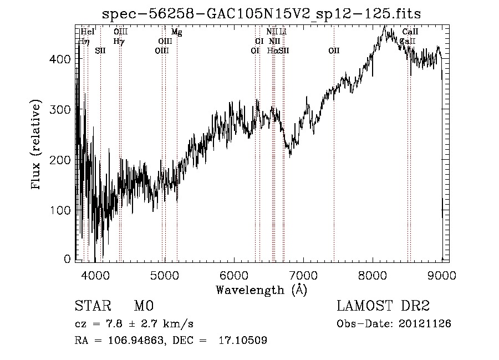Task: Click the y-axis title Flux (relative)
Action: click(x=37, y=145)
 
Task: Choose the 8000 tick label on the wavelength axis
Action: click(x=373, y=275)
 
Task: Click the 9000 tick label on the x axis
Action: click(x=442, y=275)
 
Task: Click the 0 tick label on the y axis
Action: click(x=68, y=259)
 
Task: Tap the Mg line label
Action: click(x=176, y=32)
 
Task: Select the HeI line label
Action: click(x=88, y=32)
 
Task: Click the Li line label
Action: click(x=283, y=32)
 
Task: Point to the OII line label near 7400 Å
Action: click(x=334, y=50)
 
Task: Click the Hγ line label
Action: click(x=119, y=41)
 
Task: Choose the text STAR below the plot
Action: click(x=92, y=306)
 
